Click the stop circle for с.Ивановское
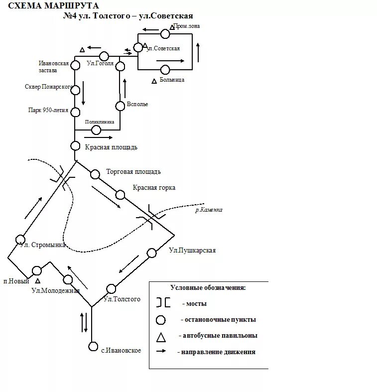click(x=93, y=346)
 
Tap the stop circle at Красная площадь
click(x=75, y=146)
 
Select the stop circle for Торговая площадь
click(x=95, y=174)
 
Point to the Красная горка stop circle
click(x=120, y=194)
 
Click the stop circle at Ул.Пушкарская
click(x=152, y=253)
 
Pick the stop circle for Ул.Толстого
click(x=111, y=289)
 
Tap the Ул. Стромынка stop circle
click(x=20, y=239)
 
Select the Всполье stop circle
click(x=120, y=106)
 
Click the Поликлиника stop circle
click(x=96, y=130)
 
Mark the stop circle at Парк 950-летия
click(x=75, y=112)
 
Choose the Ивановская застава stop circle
click(x=75, y=65)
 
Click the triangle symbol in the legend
click(x=161, y=337)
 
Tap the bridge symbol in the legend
click(x=163, y=302)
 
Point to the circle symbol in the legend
click(x=161, y=320)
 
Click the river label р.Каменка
click(x=209, y=210)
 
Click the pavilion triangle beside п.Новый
click(x=38, y=281)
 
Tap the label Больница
click(x=172, y=80)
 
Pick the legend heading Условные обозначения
click(x=208, y=287)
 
